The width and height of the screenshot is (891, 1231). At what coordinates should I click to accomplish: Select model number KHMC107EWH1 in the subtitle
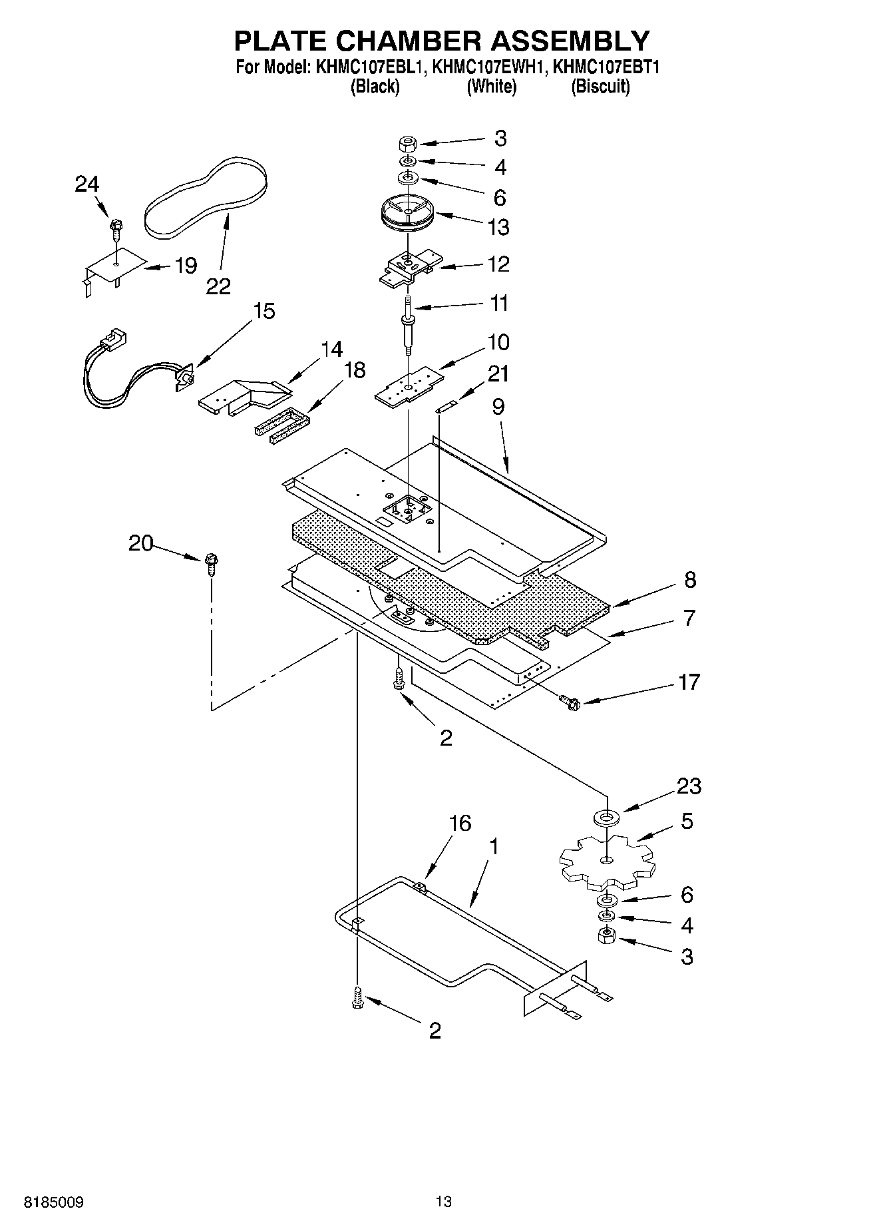(491, 67)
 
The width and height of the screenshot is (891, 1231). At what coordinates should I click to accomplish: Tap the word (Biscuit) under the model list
(600, 87)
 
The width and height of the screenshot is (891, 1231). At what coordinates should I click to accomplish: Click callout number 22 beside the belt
(218, 286)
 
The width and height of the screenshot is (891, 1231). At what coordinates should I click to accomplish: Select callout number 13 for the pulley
(498, 227)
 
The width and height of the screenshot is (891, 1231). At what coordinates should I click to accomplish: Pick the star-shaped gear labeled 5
(606, 863)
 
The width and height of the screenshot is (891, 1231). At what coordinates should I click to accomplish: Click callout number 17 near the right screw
(689, 682)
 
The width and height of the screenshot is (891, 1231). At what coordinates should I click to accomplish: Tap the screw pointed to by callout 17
(570, 700)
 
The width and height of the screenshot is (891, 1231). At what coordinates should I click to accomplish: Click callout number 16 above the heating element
(460, 823)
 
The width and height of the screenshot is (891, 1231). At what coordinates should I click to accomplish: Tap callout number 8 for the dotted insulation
(690, 580)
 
